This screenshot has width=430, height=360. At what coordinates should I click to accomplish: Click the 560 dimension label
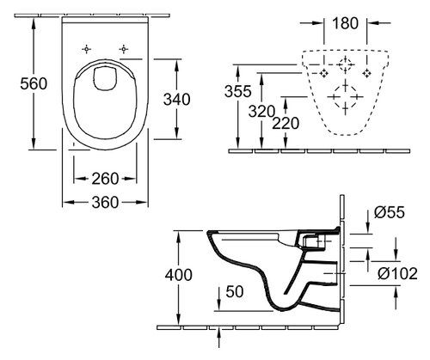pos(34,84)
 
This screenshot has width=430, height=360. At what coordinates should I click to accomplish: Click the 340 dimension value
pos(177,100)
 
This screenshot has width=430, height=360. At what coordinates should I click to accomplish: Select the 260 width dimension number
pos(105,179)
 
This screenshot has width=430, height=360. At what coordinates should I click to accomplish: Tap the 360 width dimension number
pos(105,203)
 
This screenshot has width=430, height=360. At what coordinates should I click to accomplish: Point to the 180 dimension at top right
pos(345,23)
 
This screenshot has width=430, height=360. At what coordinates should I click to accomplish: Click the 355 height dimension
pos(237,91)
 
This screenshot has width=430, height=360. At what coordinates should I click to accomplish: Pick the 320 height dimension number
pos(261,111)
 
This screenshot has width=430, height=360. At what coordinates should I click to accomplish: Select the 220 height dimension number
pos(286,124)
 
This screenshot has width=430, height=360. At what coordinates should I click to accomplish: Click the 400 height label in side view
pos(178,275)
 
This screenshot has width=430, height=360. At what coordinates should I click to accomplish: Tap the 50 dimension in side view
pos(235,291)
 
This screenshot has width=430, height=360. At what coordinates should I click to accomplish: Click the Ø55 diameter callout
pos(390,212)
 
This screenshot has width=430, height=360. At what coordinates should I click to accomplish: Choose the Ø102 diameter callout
pos(397,273)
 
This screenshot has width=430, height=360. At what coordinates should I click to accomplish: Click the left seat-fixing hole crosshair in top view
pos(87,49)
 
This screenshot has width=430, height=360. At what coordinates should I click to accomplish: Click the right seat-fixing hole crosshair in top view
pos(123,49)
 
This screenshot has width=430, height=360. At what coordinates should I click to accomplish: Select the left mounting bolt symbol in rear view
pos(324,73)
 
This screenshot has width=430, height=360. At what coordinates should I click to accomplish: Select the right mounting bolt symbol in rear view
pos(366,73)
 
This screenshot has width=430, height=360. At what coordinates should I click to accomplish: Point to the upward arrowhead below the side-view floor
pos(218,333)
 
